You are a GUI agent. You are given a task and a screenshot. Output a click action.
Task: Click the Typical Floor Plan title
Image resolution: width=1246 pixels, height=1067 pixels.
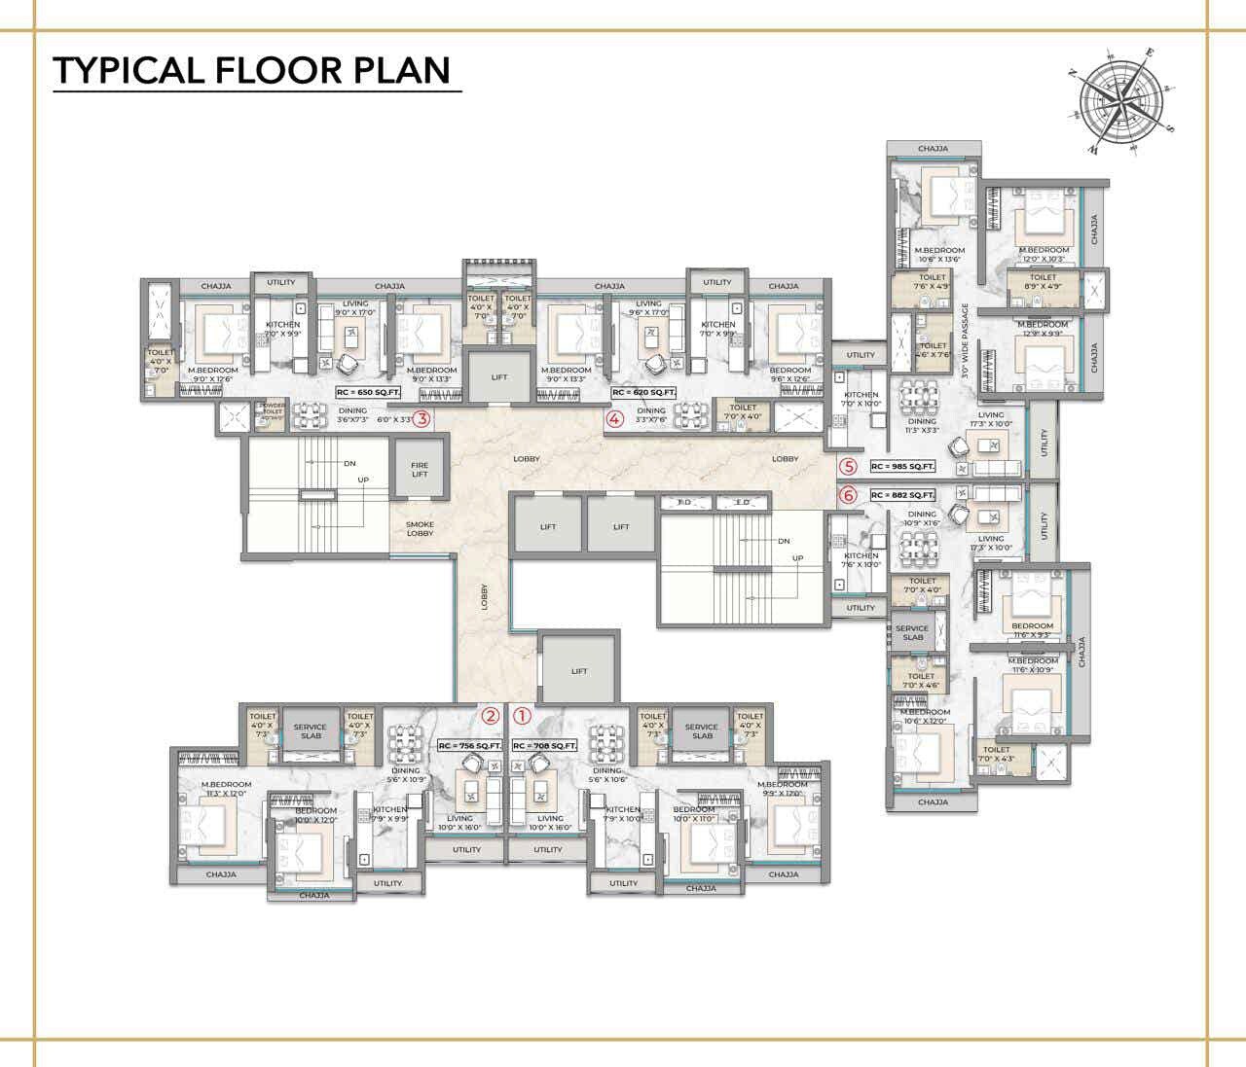click(252, 70)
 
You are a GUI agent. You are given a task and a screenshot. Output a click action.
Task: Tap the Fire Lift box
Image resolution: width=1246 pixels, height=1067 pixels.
click(420, 468)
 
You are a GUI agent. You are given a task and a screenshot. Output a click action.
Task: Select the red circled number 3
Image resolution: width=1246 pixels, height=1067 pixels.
click(421, 420)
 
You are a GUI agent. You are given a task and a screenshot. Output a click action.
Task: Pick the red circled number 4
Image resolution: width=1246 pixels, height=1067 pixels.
click(614, 420)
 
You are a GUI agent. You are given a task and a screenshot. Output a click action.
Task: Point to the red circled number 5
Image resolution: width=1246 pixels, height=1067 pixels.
click(849, 467)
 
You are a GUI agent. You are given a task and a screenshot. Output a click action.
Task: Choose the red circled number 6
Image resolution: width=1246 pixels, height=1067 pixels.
click(849, 495)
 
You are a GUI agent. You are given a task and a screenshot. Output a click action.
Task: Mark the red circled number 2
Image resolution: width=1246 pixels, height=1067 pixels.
click(492, 716)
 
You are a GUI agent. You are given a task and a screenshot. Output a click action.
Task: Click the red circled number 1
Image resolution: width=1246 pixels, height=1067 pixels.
click(523, 716)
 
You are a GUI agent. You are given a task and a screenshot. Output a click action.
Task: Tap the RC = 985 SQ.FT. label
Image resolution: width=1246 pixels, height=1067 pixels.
click(902, 467)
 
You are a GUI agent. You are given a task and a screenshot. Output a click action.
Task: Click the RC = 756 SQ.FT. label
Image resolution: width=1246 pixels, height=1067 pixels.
click(469, 746)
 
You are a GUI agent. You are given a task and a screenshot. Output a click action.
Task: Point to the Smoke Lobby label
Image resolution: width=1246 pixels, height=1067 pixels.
click(420, 528)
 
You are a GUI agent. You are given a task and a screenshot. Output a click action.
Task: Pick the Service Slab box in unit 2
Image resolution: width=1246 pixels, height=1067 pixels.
click(311, 730)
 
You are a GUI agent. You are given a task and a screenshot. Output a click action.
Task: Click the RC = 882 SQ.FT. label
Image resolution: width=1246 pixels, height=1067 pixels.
click(902, 495)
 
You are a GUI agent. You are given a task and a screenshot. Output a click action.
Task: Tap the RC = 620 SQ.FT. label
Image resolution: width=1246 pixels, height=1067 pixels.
click(643, 392)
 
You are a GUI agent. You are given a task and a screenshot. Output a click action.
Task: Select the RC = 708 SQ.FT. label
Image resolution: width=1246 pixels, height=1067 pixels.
click(544, 746)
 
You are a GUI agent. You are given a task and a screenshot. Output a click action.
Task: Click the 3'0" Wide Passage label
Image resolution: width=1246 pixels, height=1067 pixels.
click(966, 339)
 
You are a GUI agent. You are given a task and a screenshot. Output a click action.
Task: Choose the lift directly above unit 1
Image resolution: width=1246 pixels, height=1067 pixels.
click(579, 670)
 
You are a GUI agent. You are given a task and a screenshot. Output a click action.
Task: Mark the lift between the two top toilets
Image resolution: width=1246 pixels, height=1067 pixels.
click(499, 376)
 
